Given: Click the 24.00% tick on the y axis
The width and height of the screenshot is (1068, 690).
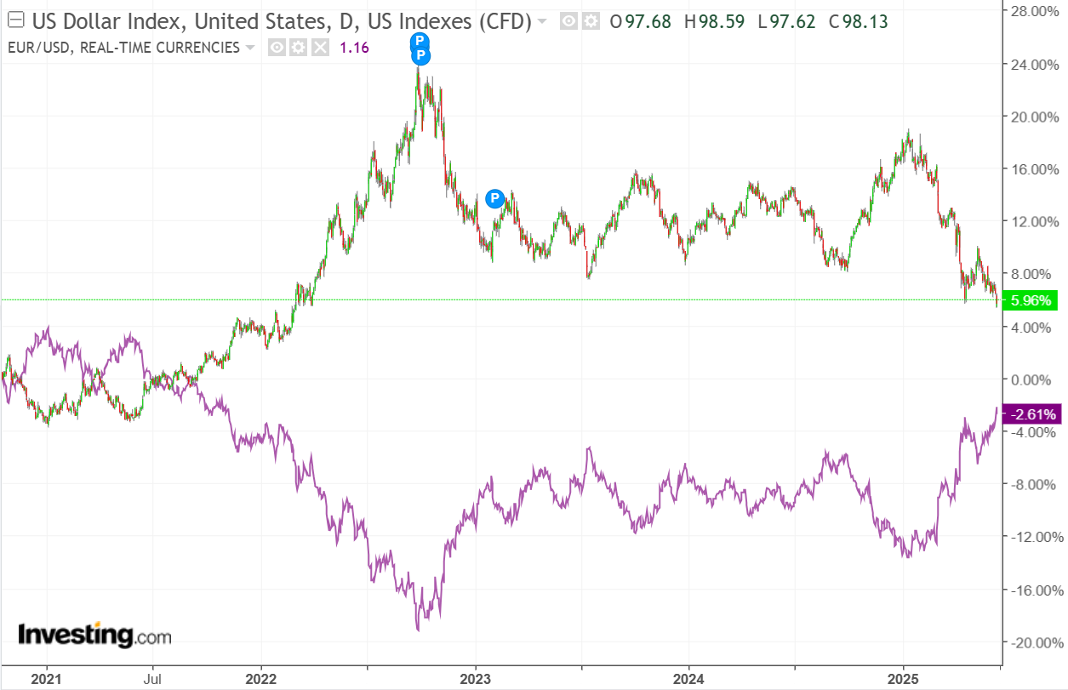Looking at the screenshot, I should pos(1032,64).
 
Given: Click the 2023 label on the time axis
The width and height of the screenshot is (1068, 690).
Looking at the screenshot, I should pos(475,679).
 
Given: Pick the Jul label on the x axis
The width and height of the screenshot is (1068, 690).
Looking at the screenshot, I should pos(152,679).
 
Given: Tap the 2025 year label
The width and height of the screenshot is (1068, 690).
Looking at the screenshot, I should pos(903,679).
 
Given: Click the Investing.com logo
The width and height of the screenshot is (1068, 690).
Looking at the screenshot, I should pos(94,635).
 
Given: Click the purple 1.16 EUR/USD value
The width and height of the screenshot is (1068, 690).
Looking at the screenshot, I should pos(354,48).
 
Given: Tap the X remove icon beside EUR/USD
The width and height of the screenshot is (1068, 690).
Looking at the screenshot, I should pos(320,48).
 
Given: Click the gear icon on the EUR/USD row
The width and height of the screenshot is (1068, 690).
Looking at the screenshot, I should pos(298,48).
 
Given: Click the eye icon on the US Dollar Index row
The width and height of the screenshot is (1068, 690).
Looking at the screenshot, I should pos(568,20).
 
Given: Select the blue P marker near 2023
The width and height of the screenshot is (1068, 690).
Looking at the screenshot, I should pos(494,198).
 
